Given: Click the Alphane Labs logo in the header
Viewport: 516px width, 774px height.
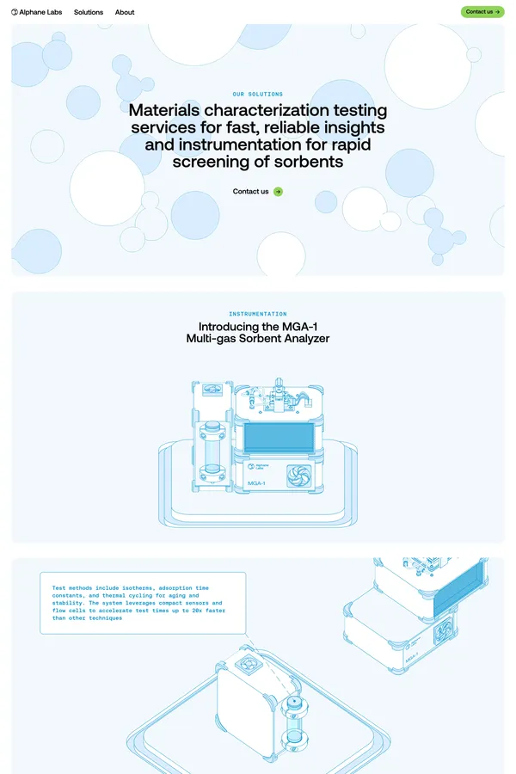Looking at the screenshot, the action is pos(36,12).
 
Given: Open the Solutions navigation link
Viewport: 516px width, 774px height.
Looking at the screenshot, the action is pos(89,12).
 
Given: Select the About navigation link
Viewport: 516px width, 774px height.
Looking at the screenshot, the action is pos(125,12).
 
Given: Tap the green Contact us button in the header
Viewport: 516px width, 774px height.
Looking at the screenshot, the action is pos(482,12).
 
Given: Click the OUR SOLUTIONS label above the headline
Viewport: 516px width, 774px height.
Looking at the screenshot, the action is pos(258,94).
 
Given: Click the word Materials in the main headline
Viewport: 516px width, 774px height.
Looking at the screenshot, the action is pos(164,110).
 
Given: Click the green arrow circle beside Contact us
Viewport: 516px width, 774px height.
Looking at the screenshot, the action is pos(278,192).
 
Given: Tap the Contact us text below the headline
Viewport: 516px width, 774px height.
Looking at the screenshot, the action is pos(250,192).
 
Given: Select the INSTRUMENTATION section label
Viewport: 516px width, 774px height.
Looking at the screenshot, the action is pos(258,313).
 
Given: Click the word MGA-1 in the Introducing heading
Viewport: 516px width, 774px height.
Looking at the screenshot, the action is pos(300,327).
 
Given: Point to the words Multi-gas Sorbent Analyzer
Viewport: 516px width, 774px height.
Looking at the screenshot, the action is pos(258,339).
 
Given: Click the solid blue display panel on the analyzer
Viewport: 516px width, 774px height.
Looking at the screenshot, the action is pos(279,438).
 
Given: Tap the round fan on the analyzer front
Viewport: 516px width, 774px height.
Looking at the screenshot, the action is pos(298,476).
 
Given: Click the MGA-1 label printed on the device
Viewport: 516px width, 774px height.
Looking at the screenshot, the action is pos(256,482).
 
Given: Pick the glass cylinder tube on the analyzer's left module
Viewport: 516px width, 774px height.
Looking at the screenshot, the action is pos(212,449).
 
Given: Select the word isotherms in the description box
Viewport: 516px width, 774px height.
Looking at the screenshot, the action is pos(138,588).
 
